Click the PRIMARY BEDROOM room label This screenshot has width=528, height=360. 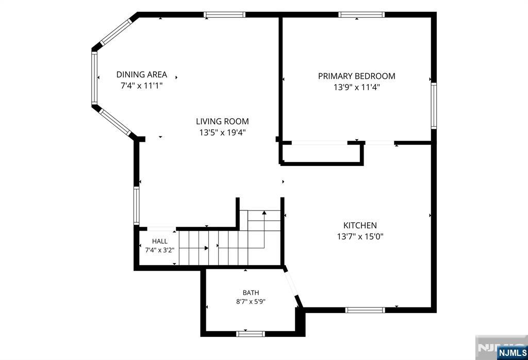tap(357, 76)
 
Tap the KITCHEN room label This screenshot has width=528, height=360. tap(360, 225)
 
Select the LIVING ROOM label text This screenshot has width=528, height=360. tap(222, 121)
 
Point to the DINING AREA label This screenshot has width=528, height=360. tap(142, 74)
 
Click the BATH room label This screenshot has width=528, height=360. tap(251, 292)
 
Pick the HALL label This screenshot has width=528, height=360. tap(160, 241)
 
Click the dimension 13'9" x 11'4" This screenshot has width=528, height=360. tap(357, 87)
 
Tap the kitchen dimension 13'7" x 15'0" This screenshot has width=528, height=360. tap(360, 236)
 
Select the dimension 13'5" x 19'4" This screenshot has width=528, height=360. tap(222, 133)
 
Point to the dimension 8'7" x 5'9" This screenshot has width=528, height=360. tap(251, 301)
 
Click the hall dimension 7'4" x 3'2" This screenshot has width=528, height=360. tap(160, 250)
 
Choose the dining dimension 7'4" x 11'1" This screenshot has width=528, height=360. tap(142, 86)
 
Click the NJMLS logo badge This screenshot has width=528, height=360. tap(513, 353)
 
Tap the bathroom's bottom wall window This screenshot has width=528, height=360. tap(250, 334)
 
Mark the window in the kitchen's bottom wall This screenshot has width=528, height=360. tap(365, 310)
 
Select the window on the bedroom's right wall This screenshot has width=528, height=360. tap(434, 106)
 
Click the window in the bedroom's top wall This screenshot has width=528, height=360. tap(361, 14)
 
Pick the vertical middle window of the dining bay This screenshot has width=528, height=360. tap(94, 78)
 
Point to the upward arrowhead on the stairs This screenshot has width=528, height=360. tap(265, 213)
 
